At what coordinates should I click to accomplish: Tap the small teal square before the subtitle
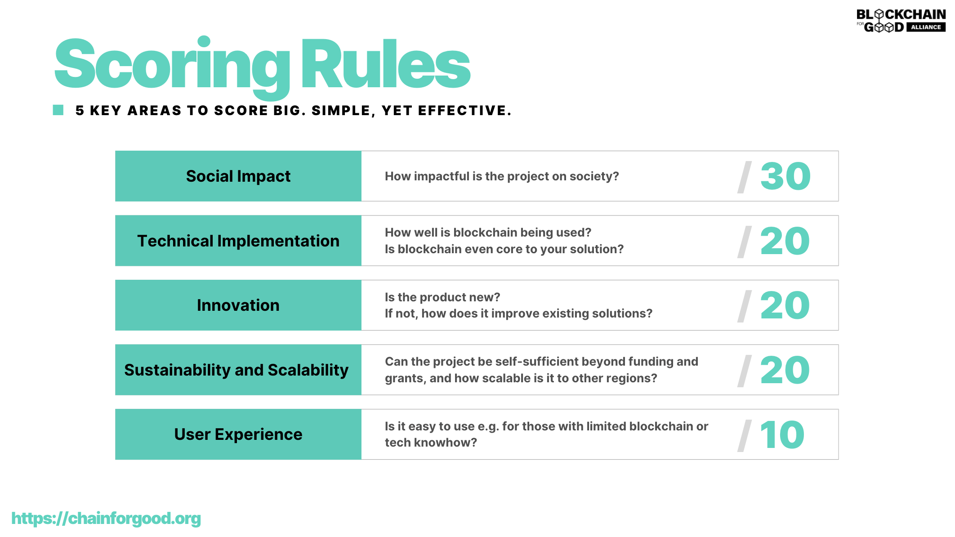coord(58,110)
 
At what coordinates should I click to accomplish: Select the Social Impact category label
coord(238,176)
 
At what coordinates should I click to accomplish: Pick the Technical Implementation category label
coord(238,241)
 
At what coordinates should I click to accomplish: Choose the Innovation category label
coord(238,305)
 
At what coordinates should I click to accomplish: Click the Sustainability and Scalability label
coord(237,370)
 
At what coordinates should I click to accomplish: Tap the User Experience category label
coord(238,434)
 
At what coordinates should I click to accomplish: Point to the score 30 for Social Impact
coord(785,176)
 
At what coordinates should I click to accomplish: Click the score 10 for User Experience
coord(782,435)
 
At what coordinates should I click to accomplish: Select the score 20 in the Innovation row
coord(785,305)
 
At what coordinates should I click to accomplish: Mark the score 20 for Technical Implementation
coord(785,241)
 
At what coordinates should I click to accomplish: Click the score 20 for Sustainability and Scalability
coord(785,370)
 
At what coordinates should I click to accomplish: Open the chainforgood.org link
coord(106,519)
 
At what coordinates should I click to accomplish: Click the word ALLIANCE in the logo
coord(926,27)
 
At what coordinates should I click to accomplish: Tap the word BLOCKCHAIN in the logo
coord(901,14)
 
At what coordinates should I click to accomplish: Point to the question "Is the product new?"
coord(442,297)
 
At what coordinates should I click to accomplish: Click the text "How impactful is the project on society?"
coord(502,176)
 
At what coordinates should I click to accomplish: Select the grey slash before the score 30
coord(745,177)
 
